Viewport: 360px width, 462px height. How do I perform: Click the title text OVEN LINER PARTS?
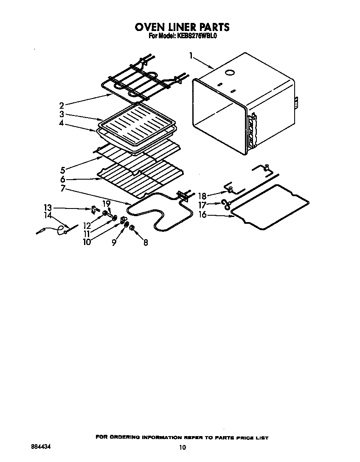point(182,27)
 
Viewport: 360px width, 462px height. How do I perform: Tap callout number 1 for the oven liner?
point(191,55)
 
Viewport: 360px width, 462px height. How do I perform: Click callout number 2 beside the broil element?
point(62,105)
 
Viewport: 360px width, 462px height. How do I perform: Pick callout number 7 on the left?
point(62,188)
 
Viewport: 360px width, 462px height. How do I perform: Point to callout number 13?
point(48,207)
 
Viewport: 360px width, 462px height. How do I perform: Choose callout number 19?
point(106,204)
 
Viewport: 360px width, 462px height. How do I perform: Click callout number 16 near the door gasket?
point(203,215)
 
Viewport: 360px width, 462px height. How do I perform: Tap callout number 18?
point(202,196)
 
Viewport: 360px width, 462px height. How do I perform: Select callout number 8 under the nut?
point(146,243)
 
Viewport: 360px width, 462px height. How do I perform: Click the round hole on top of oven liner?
point(230,73)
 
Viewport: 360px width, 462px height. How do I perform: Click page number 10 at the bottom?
point(182,447)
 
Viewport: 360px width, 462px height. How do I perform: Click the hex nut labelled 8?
point(132,228)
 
